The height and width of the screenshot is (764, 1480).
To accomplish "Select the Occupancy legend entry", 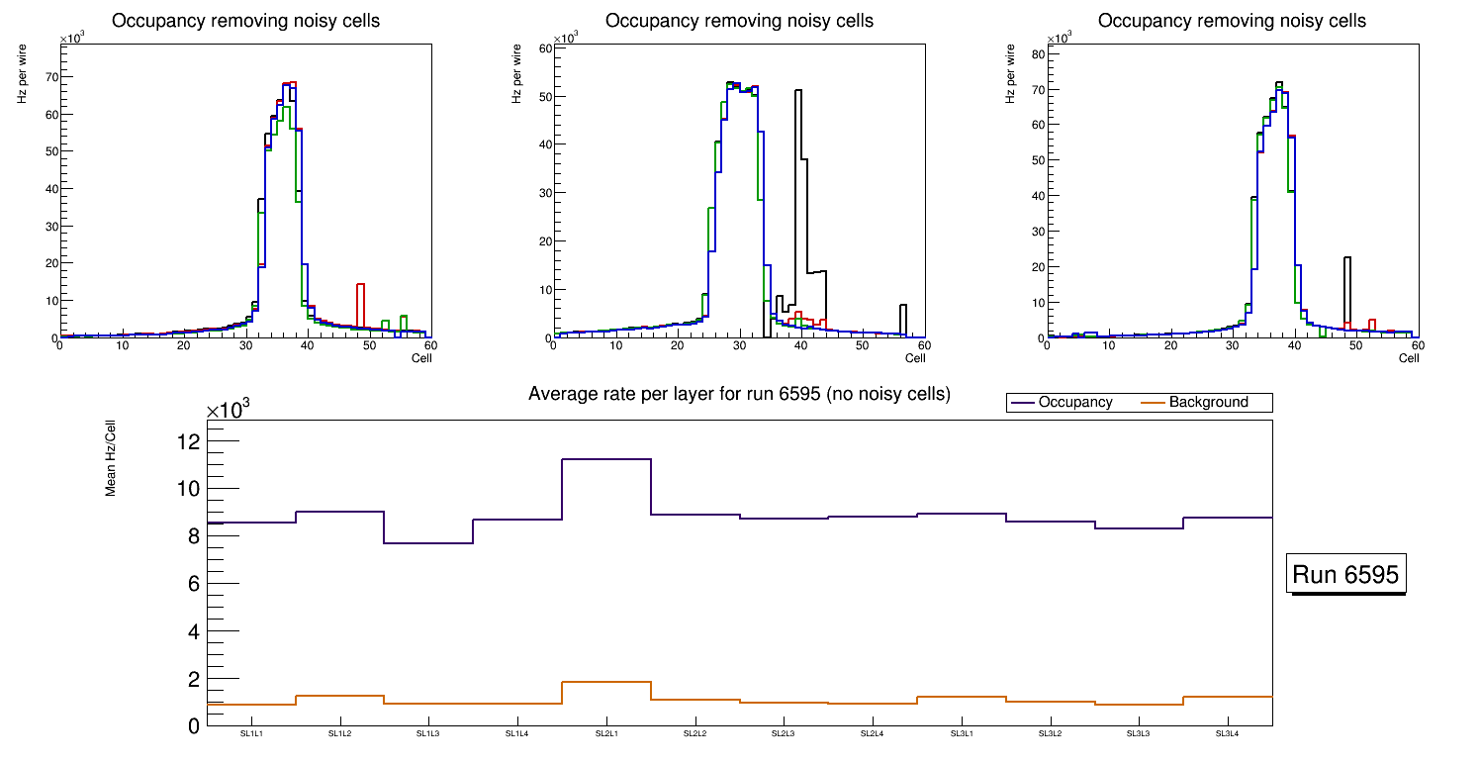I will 1074,403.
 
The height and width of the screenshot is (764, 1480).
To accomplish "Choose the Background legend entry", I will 1208,403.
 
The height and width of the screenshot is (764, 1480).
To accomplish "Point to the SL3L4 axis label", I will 1227,734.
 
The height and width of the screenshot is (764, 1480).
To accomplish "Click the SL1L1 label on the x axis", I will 251,734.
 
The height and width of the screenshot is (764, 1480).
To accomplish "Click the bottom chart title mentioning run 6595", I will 739,394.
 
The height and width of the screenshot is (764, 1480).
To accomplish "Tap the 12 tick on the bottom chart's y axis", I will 189,440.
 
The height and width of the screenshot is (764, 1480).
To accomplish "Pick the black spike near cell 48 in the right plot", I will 1347,259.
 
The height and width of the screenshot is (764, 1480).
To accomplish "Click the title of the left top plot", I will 246,21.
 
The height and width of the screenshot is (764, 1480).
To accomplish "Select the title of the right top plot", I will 1232,21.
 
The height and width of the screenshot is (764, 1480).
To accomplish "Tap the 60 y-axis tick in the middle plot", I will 543,48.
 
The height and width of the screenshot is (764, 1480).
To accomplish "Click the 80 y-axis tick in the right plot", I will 1038,54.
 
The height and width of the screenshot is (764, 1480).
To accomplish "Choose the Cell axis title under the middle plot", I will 915,358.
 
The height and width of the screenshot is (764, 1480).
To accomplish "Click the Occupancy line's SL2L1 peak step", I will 605,459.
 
